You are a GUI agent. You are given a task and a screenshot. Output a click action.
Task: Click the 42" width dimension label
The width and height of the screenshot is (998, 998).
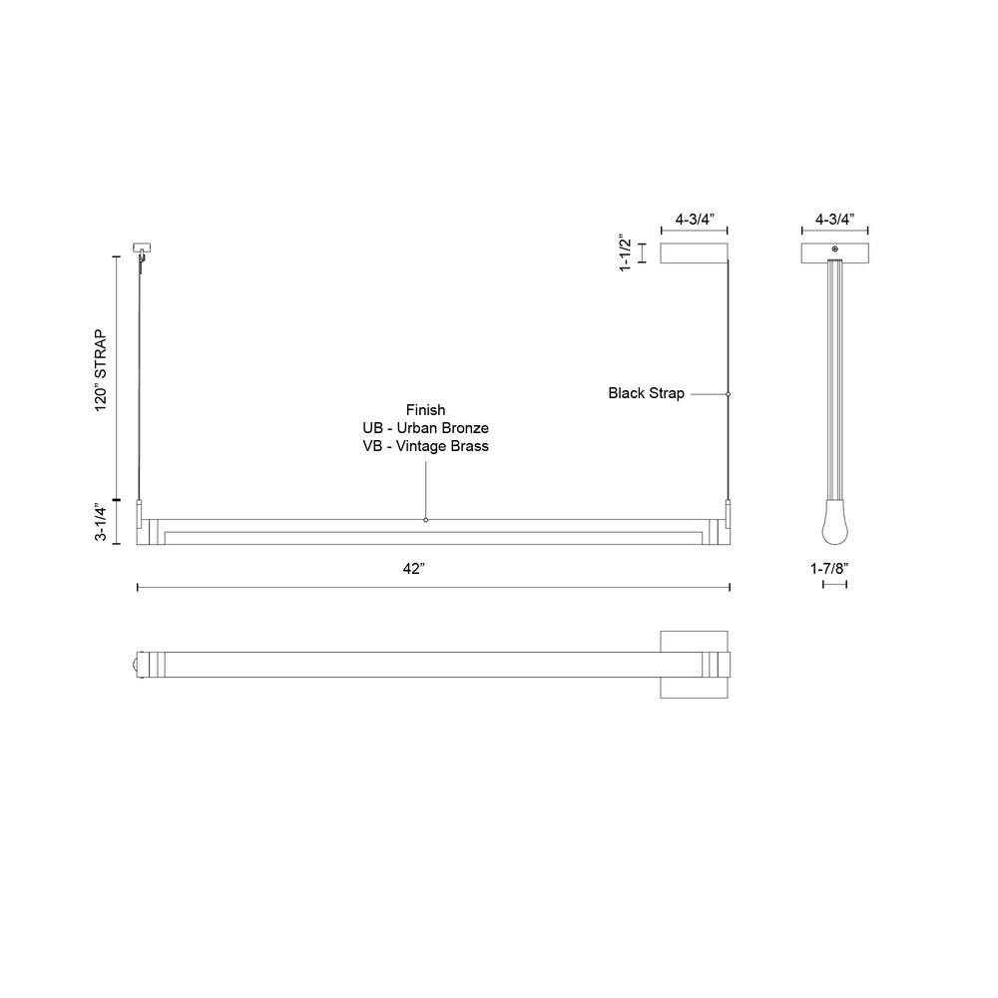(x=414, y=569)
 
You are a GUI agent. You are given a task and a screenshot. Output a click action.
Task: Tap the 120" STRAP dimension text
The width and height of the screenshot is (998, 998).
(x=101, y=370)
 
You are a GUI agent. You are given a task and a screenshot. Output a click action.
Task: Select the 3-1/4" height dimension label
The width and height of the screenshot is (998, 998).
(x=101, y=522)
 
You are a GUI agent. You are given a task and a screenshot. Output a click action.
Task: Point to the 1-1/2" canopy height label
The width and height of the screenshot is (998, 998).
(x=626, y=252)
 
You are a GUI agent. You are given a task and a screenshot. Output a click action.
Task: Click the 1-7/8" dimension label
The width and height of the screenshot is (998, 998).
(x=829, y=569)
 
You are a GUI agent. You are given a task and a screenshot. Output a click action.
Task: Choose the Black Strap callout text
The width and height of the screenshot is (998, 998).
(x=646, y=393)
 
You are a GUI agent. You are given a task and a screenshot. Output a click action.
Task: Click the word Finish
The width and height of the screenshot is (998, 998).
(x=426, y=410)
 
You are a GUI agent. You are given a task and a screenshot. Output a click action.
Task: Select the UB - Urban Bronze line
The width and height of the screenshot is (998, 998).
(x=426, y=428)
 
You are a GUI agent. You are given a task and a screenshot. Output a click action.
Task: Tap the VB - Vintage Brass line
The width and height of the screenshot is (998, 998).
(x=426, y=445)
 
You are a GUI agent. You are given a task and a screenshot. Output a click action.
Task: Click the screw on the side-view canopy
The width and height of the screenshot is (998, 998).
(x=835, y=249)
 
